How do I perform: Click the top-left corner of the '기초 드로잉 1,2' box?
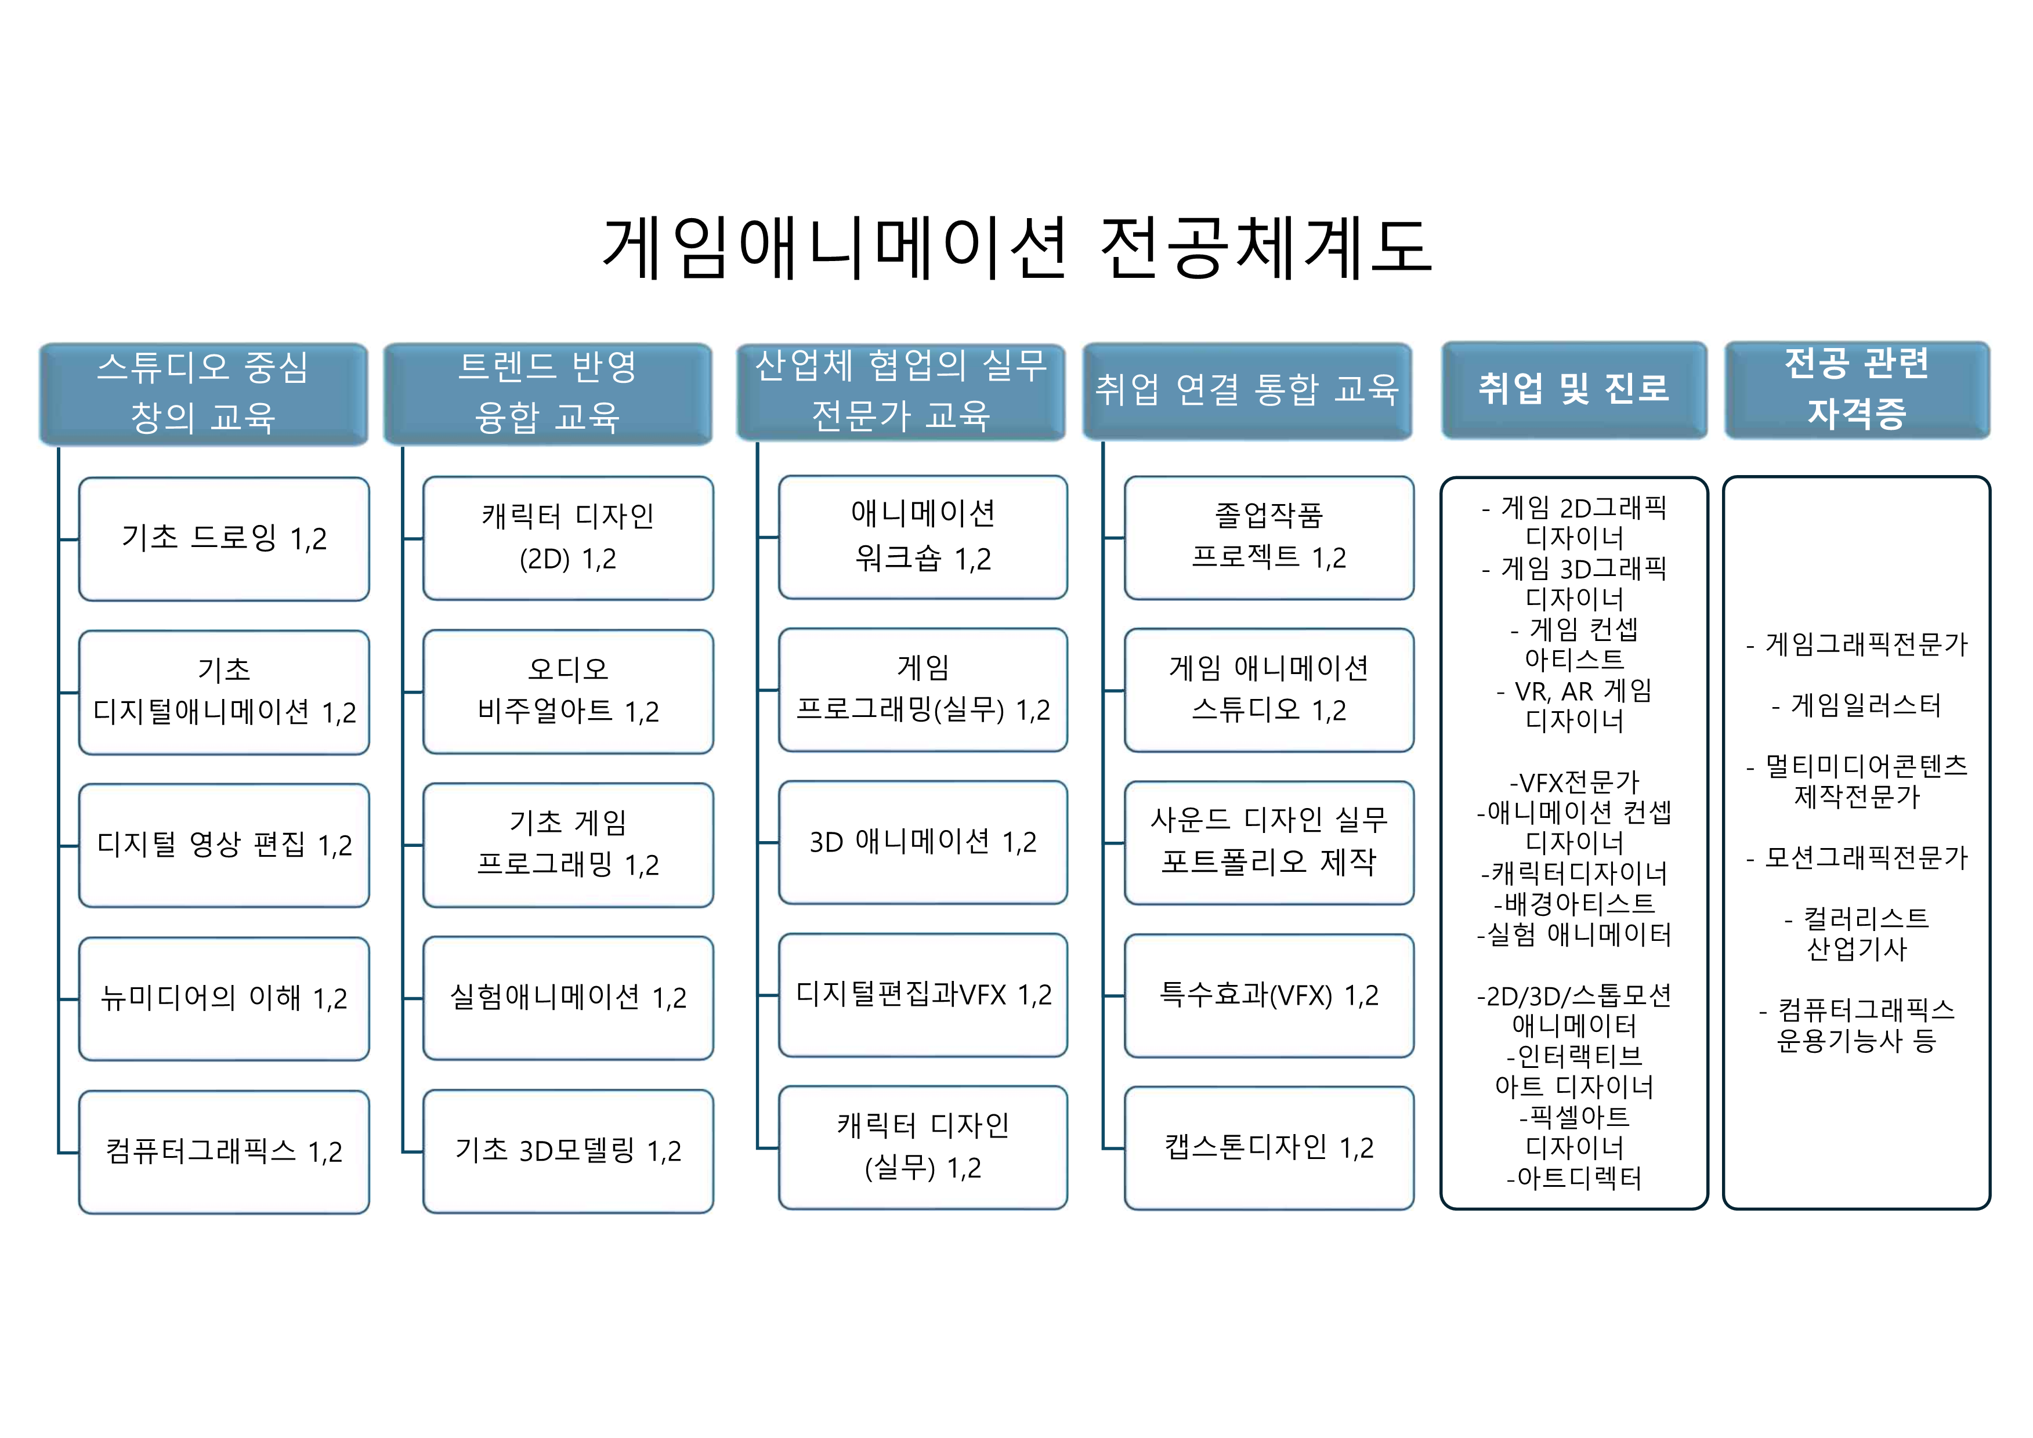point(79,478)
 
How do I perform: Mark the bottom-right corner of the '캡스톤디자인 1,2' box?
point(1413,1209)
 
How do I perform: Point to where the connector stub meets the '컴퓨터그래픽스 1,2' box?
point(79,1153)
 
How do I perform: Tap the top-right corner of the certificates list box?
point(1989,477)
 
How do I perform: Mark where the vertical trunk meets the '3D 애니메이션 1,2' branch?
point(758,842)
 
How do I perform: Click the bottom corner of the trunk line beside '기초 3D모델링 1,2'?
point(403,1152)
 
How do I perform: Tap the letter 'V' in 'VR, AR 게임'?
point(1523,691)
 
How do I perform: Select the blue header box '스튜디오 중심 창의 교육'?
point(204,394)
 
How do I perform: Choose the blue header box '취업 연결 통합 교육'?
point(1247,392)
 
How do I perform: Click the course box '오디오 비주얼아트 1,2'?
point(569,691)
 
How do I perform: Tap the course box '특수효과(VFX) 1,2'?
point(1269,995)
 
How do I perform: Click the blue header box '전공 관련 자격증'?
point(1857,390)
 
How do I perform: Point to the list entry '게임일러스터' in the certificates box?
point(1866,706)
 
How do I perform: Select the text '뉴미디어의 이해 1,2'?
point(224,999)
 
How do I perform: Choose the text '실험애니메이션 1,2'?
point(569,998)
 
